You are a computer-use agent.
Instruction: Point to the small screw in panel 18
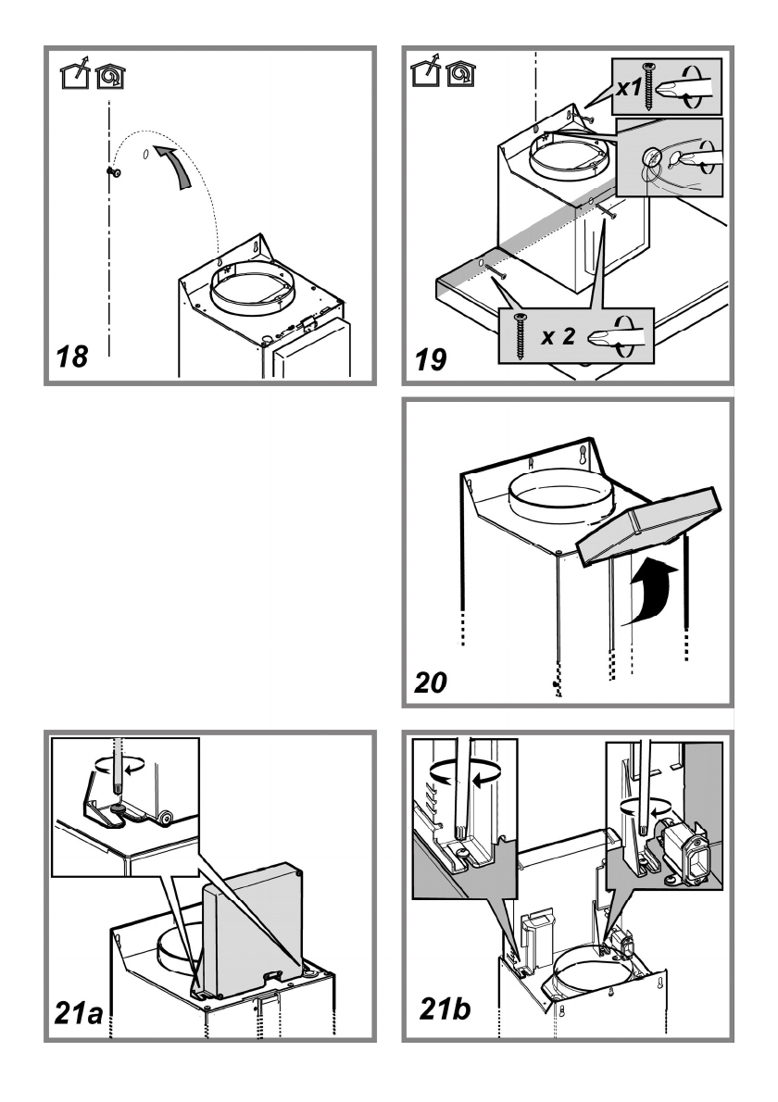(x=111, y=171)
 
